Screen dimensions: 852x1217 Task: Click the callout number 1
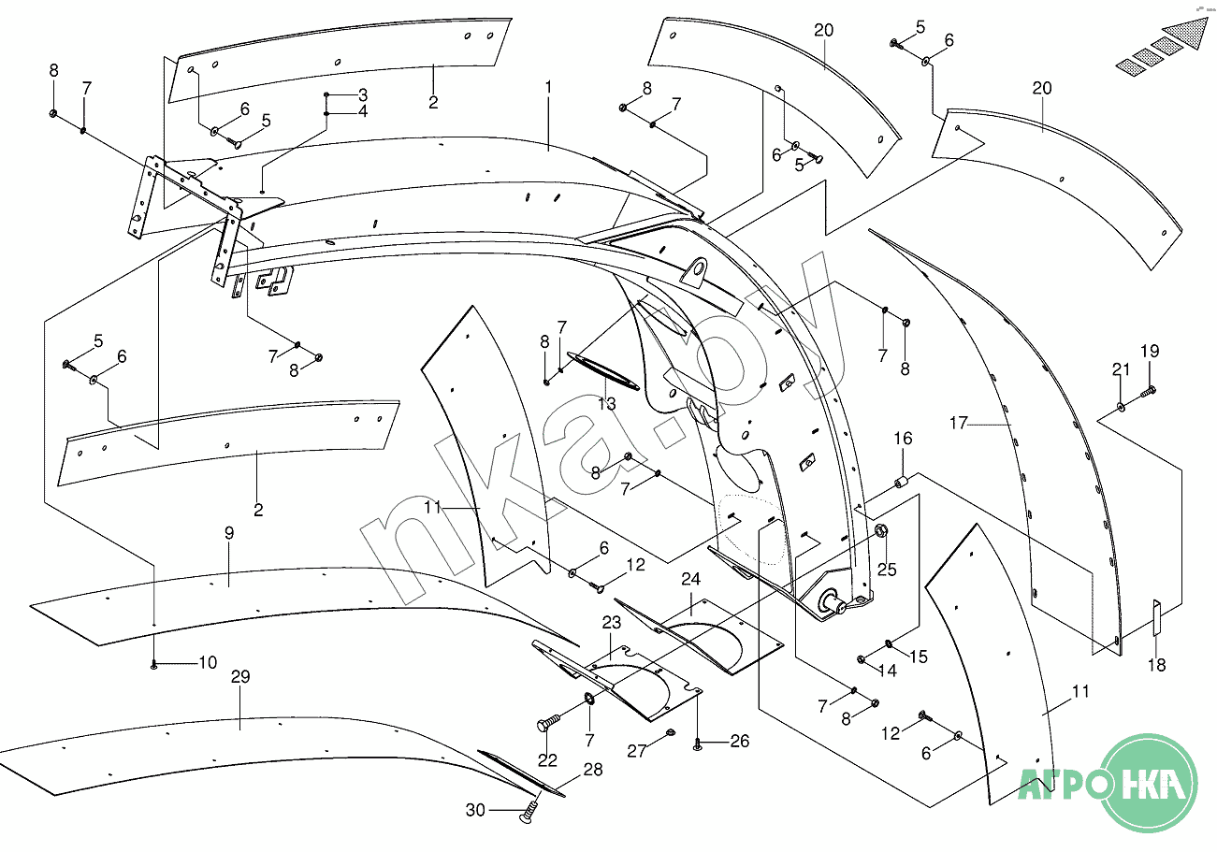coord(548,87)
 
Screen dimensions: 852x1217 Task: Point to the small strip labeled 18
coord(1156,616)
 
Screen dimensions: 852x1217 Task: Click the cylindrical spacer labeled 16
coord(903,483)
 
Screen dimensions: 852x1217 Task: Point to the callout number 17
coord(958,424)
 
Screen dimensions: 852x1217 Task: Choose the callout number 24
coord(690,579)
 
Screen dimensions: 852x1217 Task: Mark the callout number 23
coord(611,622)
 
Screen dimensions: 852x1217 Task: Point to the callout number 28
coord(593,770)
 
